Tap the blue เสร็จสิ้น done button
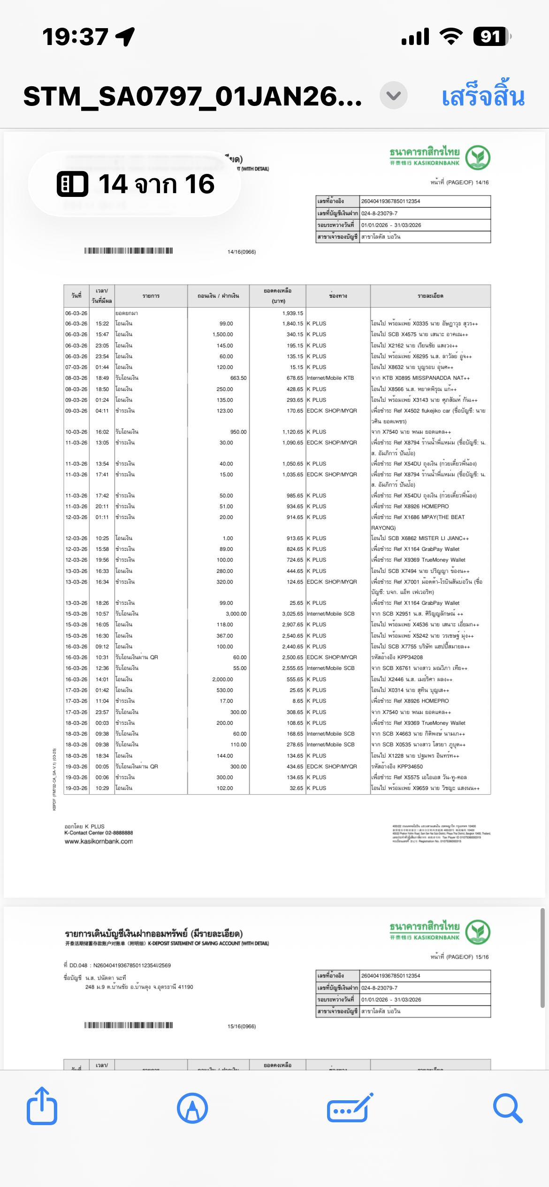(483, 96)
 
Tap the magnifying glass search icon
(507, 1108)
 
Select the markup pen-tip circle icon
(192, 1108)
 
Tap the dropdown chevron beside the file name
(393, 96)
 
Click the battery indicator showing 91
(491, 37)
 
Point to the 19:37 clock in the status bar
(75, 37)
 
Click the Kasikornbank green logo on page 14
(478, 158)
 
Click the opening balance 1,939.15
(293, 313)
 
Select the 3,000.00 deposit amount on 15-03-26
(236, 614)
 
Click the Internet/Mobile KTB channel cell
(330, 378)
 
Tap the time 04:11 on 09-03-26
(102, 411)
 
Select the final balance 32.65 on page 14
(296, 788)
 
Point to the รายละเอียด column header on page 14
(430, 296)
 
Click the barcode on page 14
(129, 251)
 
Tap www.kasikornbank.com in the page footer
(99, 841)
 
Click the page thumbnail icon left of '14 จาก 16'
(72, 184)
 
